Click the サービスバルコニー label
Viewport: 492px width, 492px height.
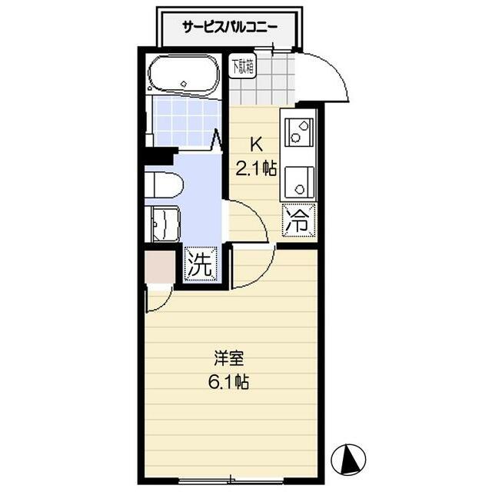pyautogui.click(x=230, y=27)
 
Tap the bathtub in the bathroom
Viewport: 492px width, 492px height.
pyautogui.click(x=184, y=77)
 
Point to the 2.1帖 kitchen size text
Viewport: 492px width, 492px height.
pyautogui.click(x=256, y=169)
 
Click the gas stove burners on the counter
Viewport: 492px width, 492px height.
pyautogui.click(x=297, y=131)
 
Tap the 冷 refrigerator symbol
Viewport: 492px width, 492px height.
pyautogui.click(x=298, y=221)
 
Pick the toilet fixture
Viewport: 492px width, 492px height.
pyautogui.click(x=164, y=184)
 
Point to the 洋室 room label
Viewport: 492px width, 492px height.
pyautogui.click(x=229, y=358)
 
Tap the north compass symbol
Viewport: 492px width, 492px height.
pyautogui.click(x=347, y=460)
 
